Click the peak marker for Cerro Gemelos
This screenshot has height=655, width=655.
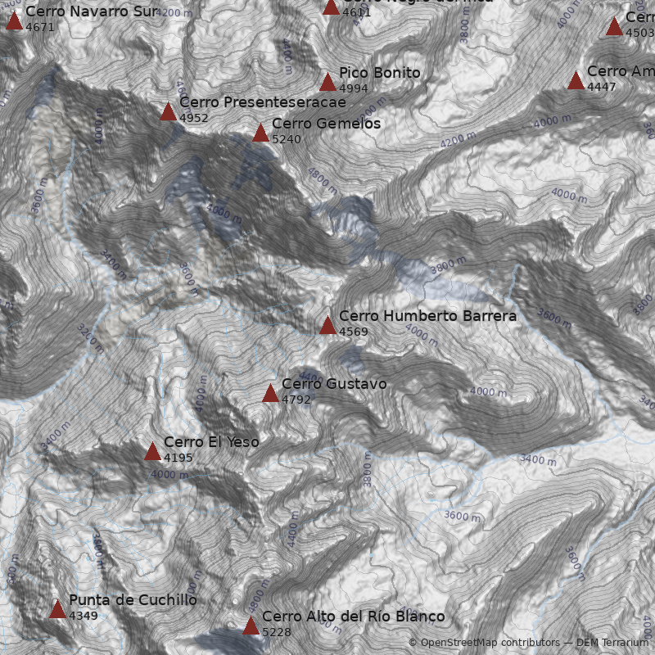coord(260,133)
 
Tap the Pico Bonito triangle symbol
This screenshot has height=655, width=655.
coord(327,82)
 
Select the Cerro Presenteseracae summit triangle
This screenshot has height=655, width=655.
coord(168,111)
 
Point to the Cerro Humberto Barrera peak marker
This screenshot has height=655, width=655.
coord(327,325)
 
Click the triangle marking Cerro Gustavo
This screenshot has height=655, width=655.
coord(270,393)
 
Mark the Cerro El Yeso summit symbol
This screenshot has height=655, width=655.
coord(152,451)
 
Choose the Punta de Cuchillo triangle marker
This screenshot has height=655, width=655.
coord(57,609)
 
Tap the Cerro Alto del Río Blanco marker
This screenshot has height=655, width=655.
coord(251,626)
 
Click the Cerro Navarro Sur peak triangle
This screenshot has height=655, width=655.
coord(14,20)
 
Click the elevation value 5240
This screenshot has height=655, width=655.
coord(287,140)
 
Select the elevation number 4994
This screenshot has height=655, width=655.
coord(354,89)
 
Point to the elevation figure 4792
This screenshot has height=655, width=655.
coord(296,400)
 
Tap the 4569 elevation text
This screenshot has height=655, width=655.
coord(354,332)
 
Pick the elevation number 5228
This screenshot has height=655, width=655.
coord(277,632)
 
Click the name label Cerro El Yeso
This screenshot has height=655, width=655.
coord(211,442)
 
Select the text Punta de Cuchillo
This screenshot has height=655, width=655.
coord(133,600)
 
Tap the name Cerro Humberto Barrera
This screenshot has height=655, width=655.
coord(427,316)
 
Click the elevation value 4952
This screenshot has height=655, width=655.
coord(194,119)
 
